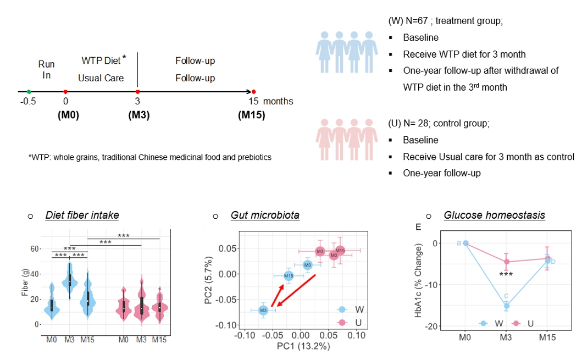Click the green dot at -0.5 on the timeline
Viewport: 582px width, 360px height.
[29, 92]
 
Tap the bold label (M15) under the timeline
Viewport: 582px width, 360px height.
[251, 115]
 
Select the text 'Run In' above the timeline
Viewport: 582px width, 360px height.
[47, 70]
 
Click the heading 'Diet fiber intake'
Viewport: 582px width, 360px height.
[82, 215]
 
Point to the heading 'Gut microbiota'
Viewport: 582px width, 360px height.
[265, 215]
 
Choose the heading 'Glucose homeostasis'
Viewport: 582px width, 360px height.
[494, 215]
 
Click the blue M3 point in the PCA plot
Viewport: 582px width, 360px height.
[263, 311]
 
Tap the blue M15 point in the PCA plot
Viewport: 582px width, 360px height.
[289, 276]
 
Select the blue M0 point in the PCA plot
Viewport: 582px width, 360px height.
[308, 265]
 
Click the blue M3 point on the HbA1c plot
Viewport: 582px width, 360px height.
[506, 306]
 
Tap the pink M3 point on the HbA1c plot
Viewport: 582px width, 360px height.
[506, 262]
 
